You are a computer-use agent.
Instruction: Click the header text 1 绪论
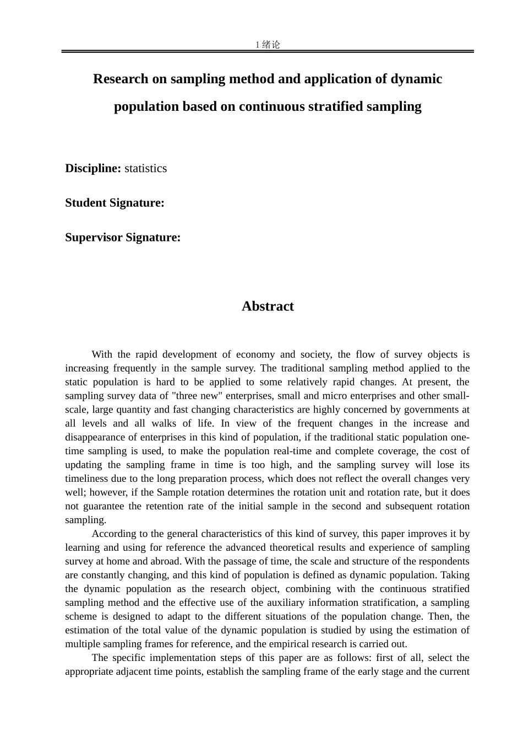268,45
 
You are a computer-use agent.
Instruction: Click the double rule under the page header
268,51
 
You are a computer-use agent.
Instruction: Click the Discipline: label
93,168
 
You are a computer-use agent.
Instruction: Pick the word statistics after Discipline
145,168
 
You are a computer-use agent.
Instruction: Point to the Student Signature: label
115,202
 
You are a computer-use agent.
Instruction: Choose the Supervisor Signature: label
123,237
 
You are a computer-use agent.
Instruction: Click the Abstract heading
268,306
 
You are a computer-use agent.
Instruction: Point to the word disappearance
96,437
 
